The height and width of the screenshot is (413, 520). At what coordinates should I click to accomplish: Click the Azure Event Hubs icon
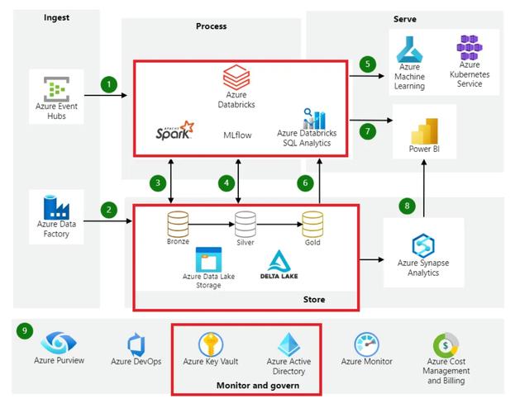[56, 89]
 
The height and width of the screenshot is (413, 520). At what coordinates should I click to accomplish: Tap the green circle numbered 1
[109, 84]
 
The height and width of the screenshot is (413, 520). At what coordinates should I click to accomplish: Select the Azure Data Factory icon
[56, 207]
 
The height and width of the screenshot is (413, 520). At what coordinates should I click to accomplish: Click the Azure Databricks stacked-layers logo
[236, 78]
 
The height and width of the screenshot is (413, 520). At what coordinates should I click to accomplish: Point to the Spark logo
[174, 131]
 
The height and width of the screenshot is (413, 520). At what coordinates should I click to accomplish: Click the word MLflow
[237, 135]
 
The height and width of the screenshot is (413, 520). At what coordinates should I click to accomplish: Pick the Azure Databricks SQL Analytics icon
[314, 119]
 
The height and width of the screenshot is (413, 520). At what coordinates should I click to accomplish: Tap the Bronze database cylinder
[178, 225]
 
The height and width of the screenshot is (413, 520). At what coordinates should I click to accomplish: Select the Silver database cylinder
[246, 225]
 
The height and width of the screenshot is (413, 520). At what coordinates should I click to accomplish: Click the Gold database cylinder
[312, 225]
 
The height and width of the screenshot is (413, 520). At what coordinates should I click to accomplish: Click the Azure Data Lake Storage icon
[208, 259]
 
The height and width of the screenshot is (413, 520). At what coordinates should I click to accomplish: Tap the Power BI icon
[424, 131]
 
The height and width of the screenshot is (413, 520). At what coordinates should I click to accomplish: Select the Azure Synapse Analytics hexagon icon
[423, 245]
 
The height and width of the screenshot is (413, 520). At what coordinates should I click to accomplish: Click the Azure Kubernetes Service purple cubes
[470, 47]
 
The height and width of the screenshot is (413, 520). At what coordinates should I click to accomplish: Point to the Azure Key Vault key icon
[211, 344]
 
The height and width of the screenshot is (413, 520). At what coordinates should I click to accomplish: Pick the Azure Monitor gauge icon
[366, 344]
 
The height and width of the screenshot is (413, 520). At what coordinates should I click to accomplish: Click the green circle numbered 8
[407, 206]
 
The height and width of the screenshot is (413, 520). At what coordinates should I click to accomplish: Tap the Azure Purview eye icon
[59, 343]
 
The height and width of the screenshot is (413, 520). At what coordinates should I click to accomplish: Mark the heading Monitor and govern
[258, 386]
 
